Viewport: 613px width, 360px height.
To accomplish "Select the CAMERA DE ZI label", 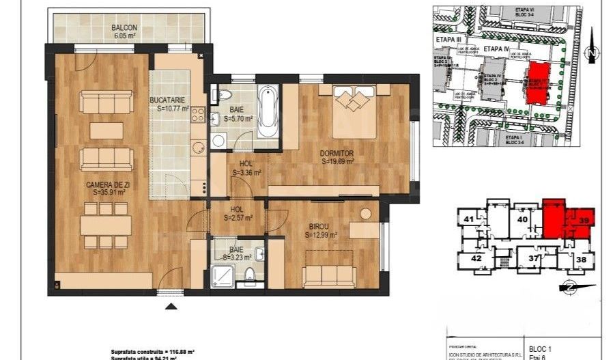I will pos(104,185).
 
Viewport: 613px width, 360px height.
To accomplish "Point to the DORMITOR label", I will pos(337,154).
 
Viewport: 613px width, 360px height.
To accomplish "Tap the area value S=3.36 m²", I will pos(242,173).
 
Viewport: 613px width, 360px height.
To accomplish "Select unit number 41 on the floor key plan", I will pos(468,219).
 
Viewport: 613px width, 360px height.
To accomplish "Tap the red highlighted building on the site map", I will pos(539,82).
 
